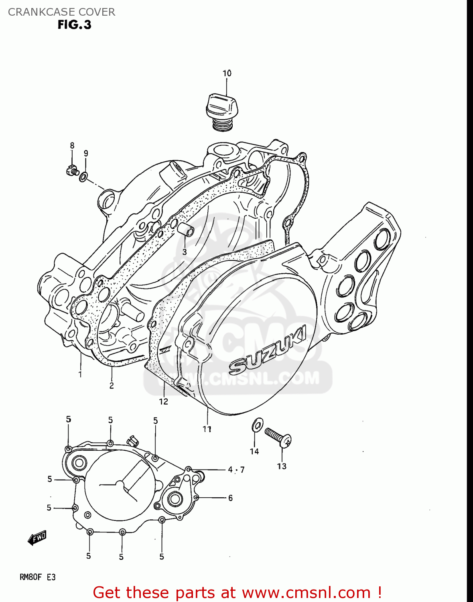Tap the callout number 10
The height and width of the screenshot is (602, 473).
click(x=227, y=73)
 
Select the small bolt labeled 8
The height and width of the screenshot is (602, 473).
click(x=71, y=171)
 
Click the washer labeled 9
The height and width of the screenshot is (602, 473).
click(x=83, y=176)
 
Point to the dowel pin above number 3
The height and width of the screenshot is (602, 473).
click(x=187, y=231)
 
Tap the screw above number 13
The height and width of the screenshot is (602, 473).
click(x=278, y=437)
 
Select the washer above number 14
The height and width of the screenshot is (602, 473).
click(x=257, y=425)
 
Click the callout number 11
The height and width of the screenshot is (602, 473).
click(x=207, y=429)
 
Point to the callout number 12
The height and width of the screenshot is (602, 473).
click(x=163, y=401)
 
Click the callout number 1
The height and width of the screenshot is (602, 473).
click(x=80, y=374)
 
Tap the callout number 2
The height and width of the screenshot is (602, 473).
click(x=112, y=385)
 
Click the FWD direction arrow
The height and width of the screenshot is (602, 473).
click(x=37, y=538)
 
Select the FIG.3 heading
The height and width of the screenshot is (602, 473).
click(x=74, y=25)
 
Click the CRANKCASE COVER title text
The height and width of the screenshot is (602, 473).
click(x=61, y=12)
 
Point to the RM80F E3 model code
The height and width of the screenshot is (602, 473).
click(x=38, y=577)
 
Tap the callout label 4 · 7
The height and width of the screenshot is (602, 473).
click(x=236, y=470)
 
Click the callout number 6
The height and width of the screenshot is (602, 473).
click(x=230, y=498)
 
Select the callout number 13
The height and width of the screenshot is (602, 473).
click(x=282, y=466)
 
